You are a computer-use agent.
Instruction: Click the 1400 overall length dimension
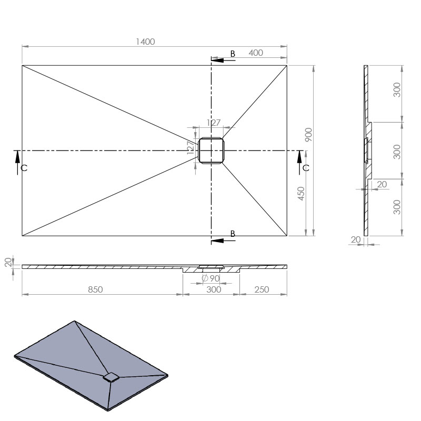145,42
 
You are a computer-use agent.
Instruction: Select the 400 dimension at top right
256,53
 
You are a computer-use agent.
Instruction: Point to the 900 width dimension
308,135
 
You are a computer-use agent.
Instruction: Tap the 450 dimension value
301,193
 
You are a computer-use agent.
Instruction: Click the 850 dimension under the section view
95,289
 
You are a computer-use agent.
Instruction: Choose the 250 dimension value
262,289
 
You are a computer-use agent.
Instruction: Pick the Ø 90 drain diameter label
211,278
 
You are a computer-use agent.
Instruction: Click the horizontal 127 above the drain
214,123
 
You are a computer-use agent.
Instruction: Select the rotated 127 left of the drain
190,147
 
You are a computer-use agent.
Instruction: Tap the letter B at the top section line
233,54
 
